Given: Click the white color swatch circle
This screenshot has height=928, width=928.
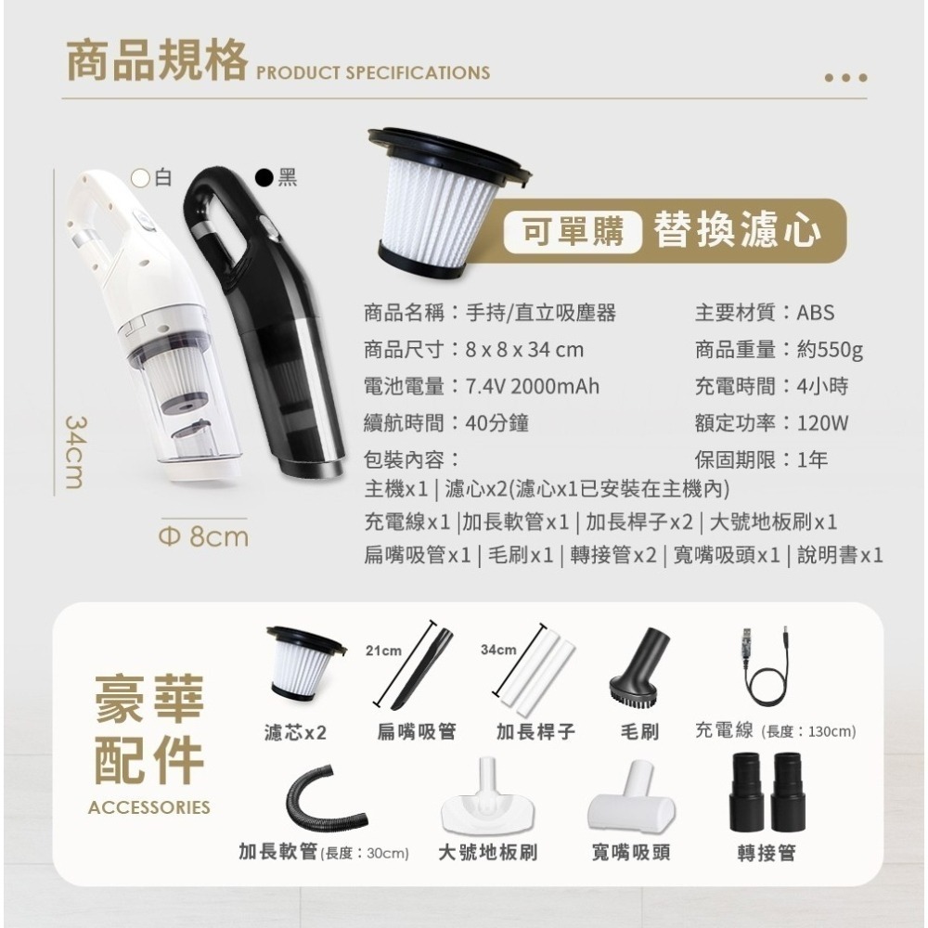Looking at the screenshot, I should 141,176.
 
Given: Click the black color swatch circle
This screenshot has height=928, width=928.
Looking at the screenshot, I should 264,176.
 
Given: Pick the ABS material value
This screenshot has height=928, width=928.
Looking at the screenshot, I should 816,313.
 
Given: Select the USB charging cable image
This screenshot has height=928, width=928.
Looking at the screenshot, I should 765,668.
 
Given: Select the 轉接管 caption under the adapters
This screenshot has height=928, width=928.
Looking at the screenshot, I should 767,853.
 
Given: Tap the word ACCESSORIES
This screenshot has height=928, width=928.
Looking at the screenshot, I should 148,807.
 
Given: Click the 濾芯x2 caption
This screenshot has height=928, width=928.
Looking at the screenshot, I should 295,732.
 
